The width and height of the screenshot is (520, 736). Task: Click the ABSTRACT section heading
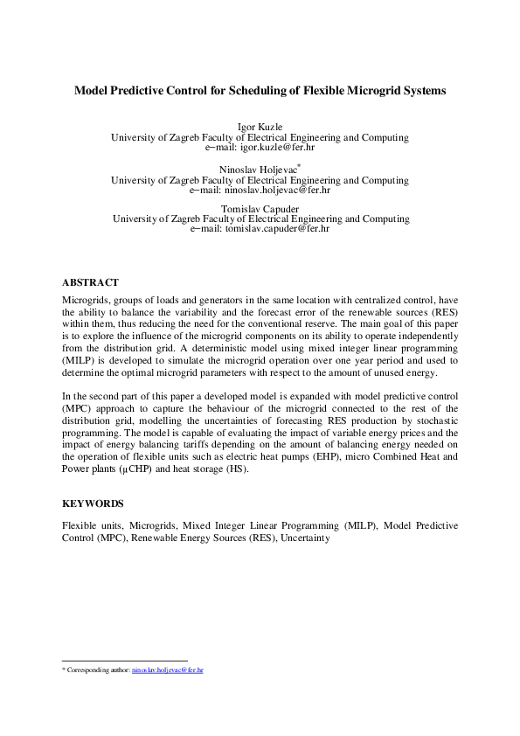tap(90, 282)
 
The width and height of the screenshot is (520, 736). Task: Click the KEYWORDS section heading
tap(93, 503)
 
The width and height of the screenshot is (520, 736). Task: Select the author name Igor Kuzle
tap(260, 128)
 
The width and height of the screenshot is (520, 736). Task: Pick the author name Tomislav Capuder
tap(260, 208)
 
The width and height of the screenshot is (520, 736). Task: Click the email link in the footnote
tap(168, 670)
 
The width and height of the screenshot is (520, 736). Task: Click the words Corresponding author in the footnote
tap(98, 670)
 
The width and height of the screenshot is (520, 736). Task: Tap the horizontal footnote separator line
tap(125, 661)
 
